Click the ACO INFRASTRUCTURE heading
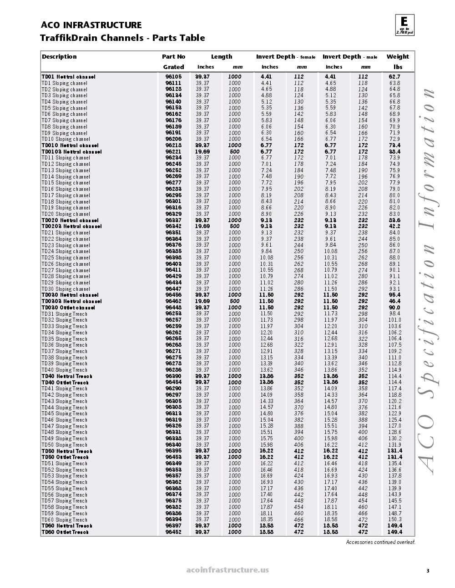pos(91,25)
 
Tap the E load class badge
pos(404,25)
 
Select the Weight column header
pos(398,57)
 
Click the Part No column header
pos(173,57)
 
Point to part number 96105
pos(173,77)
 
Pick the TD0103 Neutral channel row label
pos(71,152)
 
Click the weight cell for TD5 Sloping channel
pos(394,108)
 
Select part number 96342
pos(173,226)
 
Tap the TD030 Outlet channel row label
pos(68,308)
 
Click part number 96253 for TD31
pos(173,314)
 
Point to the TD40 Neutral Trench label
pos(67,376)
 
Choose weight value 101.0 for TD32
pos(394,320)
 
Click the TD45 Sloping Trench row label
pos(64,414)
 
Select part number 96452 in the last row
pos(173,532)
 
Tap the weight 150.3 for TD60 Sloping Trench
pos(394,519)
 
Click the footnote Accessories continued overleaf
pos(380,542)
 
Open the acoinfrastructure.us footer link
pos(227,570)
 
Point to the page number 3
pos(427,571)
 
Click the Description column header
pos(59,57)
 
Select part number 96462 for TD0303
pos(173,301)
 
